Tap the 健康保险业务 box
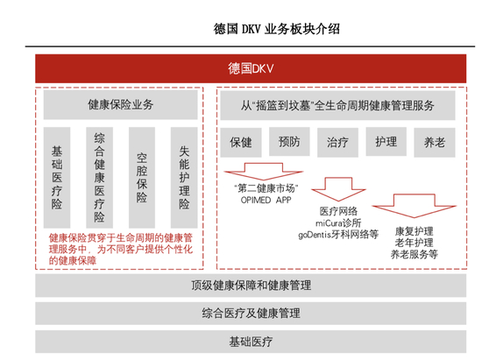tap(120, 105)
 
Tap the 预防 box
tap(289, 141)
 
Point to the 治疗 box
tap(337, 141)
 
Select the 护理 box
tap(386, 141)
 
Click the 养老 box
tap(434, 141)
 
